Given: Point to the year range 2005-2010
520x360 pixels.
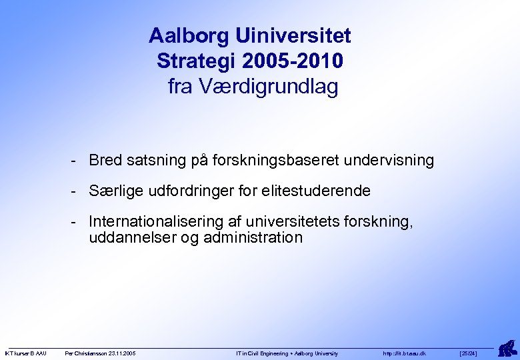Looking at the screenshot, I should tap(294, 61).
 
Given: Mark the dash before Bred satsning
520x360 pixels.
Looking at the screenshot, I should tap(77, 161).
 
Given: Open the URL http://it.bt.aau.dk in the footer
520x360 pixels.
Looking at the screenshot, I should tap(405, 353).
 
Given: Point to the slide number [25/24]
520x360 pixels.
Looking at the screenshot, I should tap(469, 353).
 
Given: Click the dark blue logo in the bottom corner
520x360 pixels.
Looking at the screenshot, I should tap(508, 347).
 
